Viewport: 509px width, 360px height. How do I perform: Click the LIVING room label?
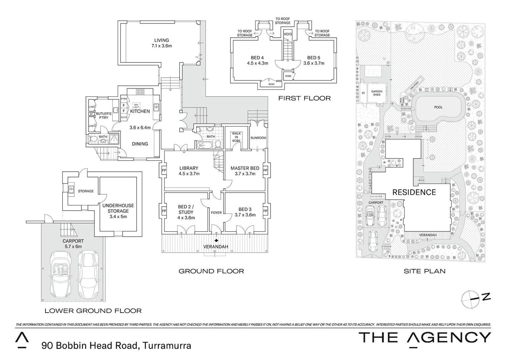coord(162,40)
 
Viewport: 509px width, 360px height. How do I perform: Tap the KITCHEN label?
coord(140,111)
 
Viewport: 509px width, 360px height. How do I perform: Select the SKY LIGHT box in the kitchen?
coord(136,105)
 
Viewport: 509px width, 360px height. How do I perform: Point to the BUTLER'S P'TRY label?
coord(104,116)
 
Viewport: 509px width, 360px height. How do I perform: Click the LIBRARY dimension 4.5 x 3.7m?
coord(189,174)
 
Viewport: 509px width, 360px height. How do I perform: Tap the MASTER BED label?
coord(245,168)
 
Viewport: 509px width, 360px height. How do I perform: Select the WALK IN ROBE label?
coord(236,137)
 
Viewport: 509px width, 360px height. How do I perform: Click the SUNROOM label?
coord(258,138)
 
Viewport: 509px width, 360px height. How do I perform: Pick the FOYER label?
coord(216,213)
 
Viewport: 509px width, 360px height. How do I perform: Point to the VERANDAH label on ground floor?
coord(216,247)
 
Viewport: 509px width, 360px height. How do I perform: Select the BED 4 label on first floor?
coord(257,58)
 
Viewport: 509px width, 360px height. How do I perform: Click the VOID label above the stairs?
coord(288,34)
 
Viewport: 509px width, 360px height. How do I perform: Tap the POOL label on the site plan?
coord(438,107)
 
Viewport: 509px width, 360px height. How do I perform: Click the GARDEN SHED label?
coord(377,93)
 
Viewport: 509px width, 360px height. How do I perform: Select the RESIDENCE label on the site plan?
coord(414,192)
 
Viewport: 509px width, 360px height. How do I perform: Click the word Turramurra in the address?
coord(167,346)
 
